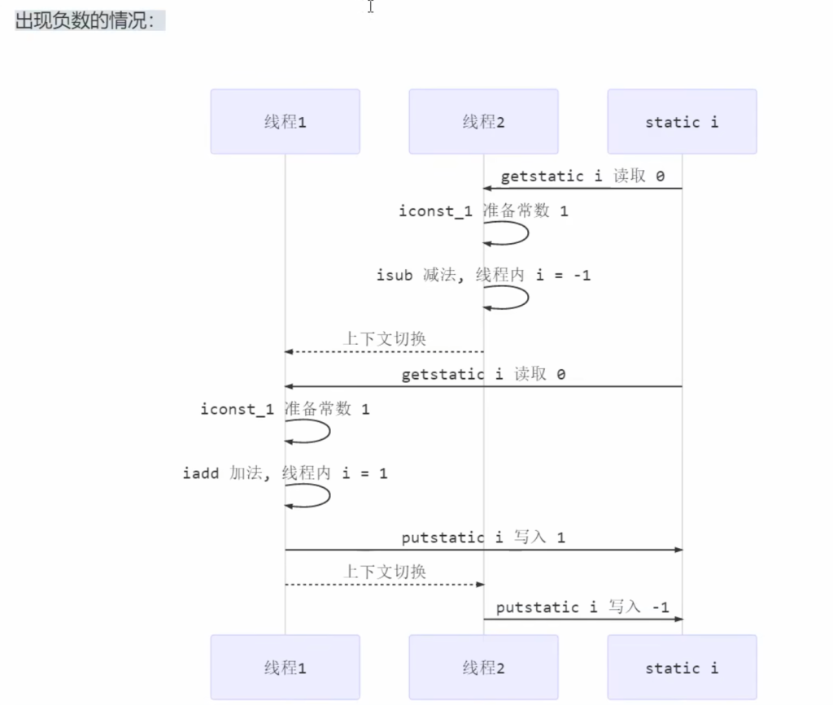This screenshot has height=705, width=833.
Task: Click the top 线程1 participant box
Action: click(x=285, y=122)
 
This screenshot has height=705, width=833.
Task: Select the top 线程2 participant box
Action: click(x=483, y=122)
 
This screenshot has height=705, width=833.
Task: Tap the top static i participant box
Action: click(x=682, y=122)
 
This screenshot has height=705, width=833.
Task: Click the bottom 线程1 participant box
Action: click(x=285, y=668)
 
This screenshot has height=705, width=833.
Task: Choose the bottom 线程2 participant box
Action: click(x=483, y=668)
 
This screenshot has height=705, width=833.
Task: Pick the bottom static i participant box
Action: click(x=682, y=668)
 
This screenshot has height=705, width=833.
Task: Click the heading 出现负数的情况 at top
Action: click(x=85, y=21)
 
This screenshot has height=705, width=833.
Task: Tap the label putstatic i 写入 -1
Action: click(x=582, y=607)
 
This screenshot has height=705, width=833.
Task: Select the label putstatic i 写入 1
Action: click(x=483, y=537)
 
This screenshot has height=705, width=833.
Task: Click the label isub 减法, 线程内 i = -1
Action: click(x=483, y=276)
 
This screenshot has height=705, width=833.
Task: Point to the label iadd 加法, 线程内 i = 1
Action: click(x=285, y=472)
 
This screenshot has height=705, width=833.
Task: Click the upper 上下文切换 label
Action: click(x=384, y=338)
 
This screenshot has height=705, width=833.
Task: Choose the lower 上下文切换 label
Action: click(x=384, y=572)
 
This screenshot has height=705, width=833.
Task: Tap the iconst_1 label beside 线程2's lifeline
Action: click(x=483, y=211)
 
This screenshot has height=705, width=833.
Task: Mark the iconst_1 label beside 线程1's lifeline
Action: click(x=285, y=409)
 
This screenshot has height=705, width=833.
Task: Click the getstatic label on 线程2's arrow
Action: click(x=582, y=176)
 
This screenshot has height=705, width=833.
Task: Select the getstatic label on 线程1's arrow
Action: click(x=483, y=375)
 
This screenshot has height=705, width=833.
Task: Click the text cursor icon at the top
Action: click(x=371, y=7)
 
